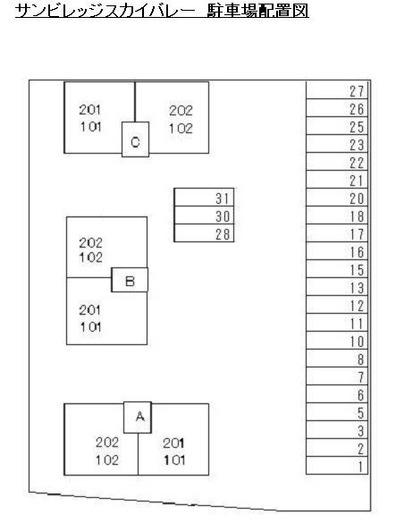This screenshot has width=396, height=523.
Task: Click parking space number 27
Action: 337,90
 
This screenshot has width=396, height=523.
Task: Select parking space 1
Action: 337,465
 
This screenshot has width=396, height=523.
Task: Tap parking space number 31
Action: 204,198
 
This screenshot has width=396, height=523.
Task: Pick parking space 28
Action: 204,232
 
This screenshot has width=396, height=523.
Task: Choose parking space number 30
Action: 204,215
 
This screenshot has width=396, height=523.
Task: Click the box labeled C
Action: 135,139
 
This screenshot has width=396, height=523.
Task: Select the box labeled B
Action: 130,280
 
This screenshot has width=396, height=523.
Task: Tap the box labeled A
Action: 138,418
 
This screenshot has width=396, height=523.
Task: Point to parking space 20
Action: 337,198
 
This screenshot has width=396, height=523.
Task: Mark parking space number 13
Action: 337,286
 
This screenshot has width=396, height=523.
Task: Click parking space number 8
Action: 337,359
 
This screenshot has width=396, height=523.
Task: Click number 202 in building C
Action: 181,111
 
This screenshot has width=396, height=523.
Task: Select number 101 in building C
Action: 90,127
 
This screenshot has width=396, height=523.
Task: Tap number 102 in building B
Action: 90,257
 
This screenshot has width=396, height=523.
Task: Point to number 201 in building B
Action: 89,310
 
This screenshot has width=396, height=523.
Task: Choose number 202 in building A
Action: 107,443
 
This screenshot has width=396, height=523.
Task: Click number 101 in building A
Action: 174,460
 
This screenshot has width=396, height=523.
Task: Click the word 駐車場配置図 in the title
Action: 257,11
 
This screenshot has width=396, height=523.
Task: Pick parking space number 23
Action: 337,144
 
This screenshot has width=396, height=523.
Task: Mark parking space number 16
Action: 337,251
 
